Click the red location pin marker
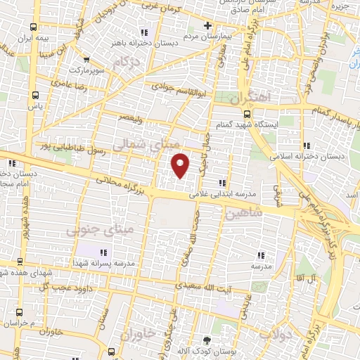click(181, 165)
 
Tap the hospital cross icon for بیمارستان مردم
click(207, 26)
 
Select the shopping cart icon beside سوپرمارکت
click(86, 60)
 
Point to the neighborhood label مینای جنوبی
click(98, 229)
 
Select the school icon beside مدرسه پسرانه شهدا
click(103, 252)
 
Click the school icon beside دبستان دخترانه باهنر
click(144, 32)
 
